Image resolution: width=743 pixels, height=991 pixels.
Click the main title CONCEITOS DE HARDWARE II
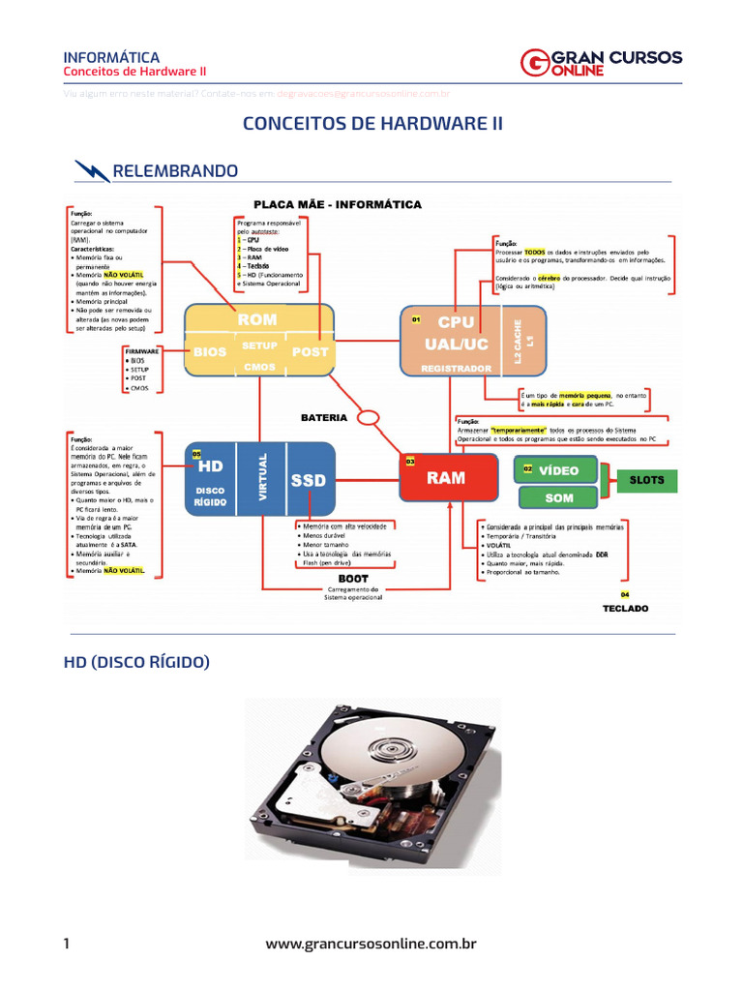click(372, 124)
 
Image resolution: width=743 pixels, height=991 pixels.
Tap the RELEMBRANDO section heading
click(175, 171)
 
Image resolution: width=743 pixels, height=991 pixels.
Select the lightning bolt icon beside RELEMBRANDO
click(92, 171)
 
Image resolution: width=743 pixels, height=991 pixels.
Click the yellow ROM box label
click(256, 319)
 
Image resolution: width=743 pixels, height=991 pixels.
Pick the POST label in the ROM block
click(310, 351)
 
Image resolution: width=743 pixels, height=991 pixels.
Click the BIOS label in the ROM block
click(210, 352)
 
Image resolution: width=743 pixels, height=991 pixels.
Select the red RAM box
click(446, 478)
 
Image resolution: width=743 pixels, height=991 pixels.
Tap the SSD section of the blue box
click(309, 481)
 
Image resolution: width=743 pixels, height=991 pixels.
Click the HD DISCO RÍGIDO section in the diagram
click(210, 479)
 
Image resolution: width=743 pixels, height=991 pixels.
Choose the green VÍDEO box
click(557, 470)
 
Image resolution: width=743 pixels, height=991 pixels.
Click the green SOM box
click(557, 497)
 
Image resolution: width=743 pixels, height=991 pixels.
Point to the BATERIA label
click(323, 418)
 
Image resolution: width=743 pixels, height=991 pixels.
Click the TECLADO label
click(625, 609)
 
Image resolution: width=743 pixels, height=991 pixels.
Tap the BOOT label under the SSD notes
click(353, 578)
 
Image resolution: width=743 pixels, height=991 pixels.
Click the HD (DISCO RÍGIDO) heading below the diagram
click(136, 662)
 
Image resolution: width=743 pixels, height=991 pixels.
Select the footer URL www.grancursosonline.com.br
click(371, 944)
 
